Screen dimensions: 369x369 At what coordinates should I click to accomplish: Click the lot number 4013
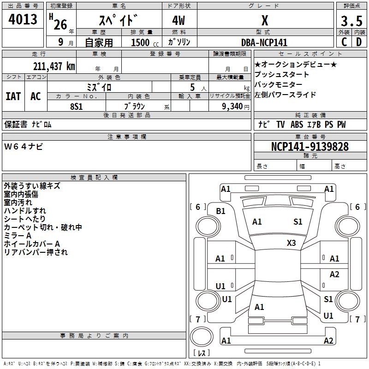pyautogui.click(x=23, y=20)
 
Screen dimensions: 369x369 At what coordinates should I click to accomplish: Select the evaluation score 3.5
pyautogui.click(x=351, y=21)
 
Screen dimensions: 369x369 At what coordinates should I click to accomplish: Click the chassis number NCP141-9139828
pyautogui.click(x=309, y=147)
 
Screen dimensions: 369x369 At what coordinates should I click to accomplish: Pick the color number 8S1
pyautogui.click(x=76, y=106)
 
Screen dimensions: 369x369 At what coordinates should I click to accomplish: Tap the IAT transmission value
pyautogui.click(x=13, y=96)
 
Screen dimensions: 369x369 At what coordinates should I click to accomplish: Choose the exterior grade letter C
pyautogui.click(x=344, y=42)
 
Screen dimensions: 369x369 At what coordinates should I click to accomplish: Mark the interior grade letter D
pyautogui.click(x=359, y=42)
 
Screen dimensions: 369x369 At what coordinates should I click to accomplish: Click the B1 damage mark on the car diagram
pyautogui.click(x=221, y=211)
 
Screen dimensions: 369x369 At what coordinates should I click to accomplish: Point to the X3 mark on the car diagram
pyautogui.click(x=292, y=243)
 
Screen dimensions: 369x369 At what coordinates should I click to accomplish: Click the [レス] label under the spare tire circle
pyautogui.click(x=202, y=353)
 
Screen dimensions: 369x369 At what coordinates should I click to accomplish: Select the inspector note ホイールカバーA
pyautogui.click(x=32, y=244)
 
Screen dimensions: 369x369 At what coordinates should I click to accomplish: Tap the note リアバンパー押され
pyautogui.click(x=36, y=252)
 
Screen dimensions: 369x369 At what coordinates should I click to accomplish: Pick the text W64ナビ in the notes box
pyautogui.click(x=24, y=147)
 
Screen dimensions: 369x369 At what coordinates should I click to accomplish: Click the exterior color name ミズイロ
pyautogui.click(x=99, y=87)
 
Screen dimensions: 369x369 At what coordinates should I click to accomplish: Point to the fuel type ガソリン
pyautogui.click(x=179, y=42)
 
